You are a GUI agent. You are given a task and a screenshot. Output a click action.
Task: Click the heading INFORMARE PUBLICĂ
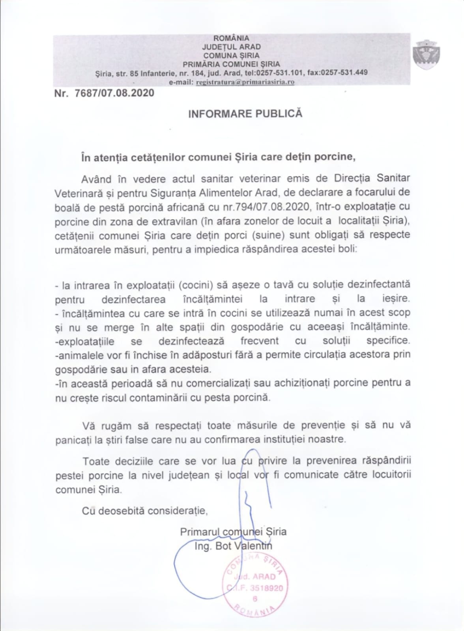click(245, 114)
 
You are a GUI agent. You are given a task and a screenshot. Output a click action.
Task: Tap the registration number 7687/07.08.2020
click(114, 93)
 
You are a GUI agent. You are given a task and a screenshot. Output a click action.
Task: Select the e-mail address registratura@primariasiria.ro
click(245, 82)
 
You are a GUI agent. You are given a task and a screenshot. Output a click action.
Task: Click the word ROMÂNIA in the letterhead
click(231, 38)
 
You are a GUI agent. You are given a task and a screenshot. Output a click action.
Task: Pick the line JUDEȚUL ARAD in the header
click(231, 47)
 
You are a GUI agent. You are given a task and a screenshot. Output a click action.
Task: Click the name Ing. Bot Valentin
click(233, 546)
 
